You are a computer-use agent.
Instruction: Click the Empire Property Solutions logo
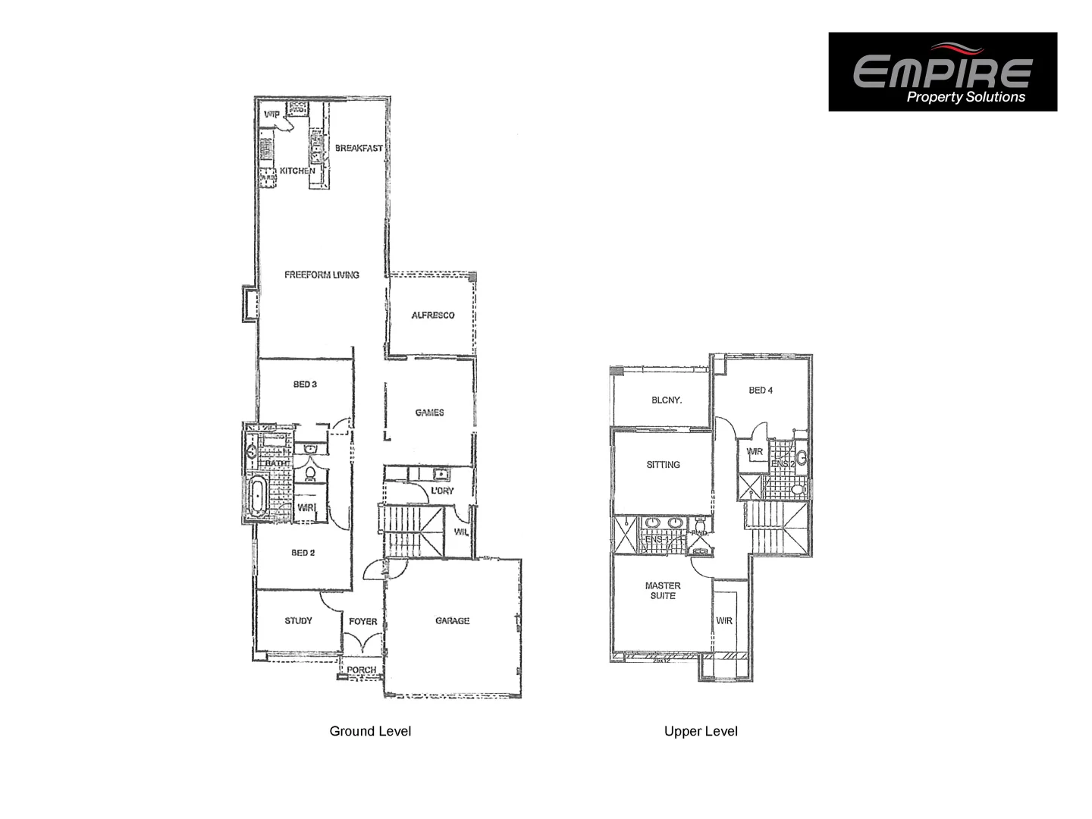(x=942, y=72)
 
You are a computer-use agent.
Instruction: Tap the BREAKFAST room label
(x=359, y=148)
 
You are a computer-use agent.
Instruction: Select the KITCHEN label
(x=297, y=171)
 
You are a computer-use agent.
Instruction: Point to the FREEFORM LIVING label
(x=322, y=275)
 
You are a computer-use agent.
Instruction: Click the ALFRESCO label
(x=433, y=315)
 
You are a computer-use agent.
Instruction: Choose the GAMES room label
(x=429, y=413)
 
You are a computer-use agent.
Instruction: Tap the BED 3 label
(x=305, y=384)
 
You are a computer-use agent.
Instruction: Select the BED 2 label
(x=303, y=553)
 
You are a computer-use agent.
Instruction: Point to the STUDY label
(x=298, y=620)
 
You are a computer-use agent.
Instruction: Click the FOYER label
(x=362, y=621)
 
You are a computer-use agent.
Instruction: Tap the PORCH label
(x=362, y=670)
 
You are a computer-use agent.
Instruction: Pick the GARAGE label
(x=452, y=620)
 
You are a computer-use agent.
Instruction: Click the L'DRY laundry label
(x=442, y=491)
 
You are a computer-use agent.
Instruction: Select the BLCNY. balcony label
(x=666, y=400)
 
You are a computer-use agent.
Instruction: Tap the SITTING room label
(x=663, y=465)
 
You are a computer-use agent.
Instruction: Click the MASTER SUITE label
(x=663, y=591)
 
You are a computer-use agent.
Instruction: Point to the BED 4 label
(x=761, y=391)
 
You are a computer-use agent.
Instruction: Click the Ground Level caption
(x=370, y=731)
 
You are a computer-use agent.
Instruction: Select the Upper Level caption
(x=701, y=731)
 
